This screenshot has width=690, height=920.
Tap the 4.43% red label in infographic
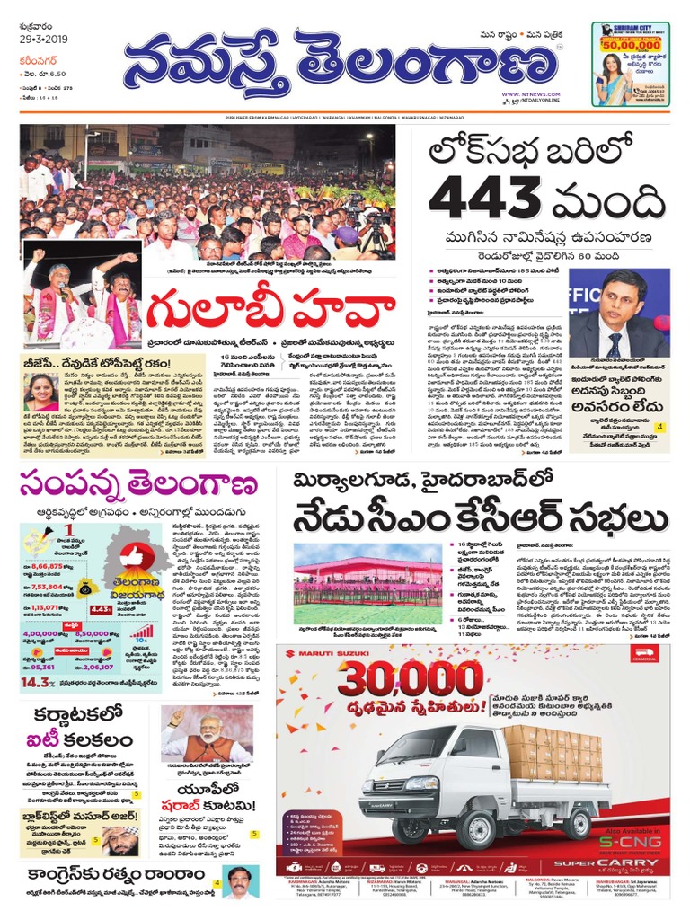(102, 609)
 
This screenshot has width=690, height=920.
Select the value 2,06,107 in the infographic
(101, 668)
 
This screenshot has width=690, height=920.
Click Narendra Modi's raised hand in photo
(176, 718)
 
